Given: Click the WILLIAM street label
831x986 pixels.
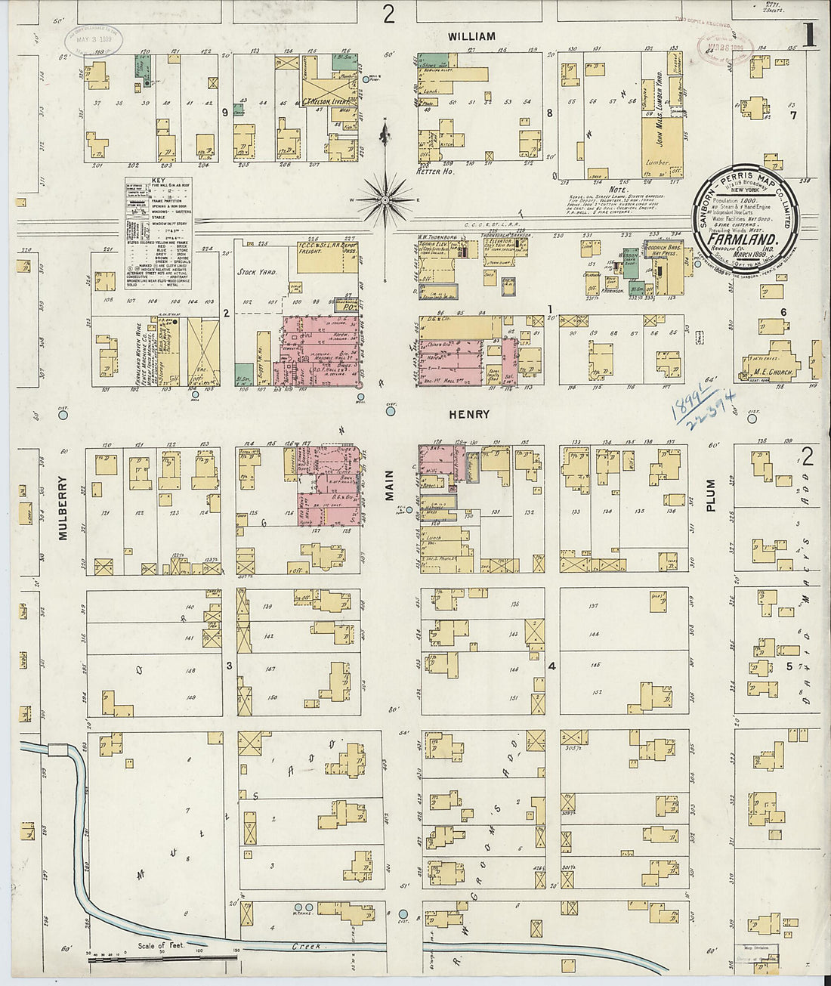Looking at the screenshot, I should (471, 36).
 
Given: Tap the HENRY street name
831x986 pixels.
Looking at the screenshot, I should (469, 414).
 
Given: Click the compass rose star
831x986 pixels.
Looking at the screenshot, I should (385, 200).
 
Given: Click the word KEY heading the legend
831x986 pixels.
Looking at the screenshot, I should (157, 181).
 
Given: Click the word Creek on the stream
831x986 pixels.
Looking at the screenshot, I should (307, 946).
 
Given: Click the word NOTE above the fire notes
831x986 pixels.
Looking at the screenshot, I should (617, 190).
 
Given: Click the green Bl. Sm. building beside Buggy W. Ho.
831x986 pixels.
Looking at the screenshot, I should (243, 372).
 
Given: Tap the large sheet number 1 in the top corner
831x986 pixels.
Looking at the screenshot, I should (809, 36).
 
